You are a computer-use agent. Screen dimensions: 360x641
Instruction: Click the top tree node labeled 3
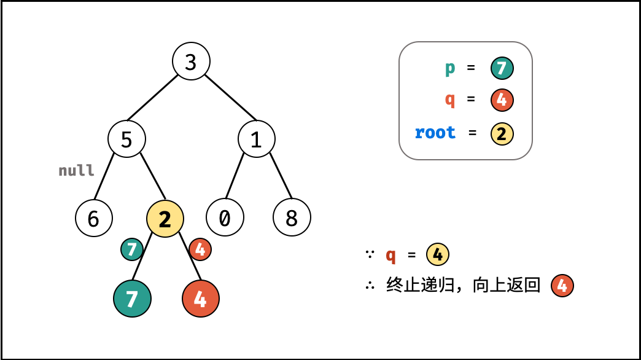tap(191, 61)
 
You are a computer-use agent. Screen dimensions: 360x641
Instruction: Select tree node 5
tap(126, 139)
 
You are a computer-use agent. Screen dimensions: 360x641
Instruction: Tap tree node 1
tap(257, 139)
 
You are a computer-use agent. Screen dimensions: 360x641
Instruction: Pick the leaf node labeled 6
tap(94, 217)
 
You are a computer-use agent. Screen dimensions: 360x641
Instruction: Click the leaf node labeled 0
tap(225, 217)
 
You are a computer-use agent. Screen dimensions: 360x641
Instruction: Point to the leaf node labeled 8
tap(292, 217)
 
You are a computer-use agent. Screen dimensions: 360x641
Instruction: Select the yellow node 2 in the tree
tap(165, 218)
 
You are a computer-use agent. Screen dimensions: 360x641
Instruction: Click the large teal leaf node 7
tap(132, 299)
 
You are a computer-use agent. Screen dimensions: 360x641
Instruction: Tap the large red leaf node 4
tap(201, 299)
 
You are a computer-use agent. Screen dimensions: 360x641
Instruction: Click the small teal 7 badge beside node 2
tap(132, 249)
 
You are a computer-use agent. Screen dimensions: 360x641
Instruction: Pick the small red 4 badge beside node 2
tap(201, 249)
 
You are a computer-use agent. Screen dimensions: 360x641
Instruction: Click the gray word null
tap(77, 170)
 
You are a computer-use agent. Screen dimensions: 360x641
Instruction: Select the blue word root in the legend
tap(435, 133)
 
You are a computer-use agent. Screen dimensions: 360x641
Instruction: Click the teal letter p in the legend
tap(450, 68)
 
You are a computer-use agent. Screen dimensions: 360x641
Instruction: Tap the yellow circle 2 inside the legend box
tap(502, 133)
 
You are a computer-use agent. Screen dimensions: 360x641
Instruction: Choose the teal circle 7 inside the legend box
tap(502, 68)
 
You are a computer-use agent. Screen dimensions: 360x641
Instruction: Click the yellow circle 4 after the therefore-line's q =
tap(438, 254)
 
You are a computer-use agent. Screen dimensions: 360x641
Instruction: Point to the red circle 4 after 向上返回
tap(562, 286)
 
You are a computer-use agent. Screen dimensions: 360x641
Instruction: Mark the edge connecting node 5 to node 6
tap(105, 178)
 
